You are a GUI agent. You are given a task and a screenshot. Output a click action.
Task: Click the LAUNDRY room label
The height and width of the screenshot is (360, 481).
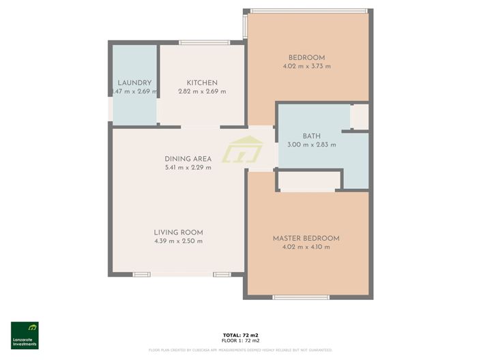[134, 83]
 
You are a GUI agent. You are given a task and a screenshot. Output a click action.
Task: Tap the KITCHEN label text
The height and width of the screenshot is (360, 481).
[202, 83]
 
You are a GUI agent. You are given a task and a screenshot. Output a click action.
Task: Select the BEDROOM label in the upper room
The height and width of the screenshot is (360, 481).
[306, 57]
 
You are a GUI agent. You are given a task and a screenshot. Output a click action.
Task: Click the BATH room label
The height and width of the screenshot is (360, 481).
[311, 136]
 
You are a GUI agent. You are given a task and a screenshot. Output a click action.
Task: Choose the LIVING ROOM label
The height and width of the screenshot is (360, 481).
[178, 232]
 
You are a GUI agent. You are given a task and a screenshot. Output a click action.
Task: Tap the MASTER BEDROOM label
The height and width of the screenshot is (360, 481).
[306, 238]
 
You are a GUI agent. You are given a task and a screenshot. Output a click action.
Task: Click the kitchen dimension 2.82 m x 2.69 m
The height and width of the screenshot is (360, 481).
[202, 91]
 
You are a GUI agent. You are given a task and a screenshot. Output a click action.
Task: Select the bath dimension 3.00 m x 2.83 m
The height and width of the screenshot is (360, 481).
[311, 145]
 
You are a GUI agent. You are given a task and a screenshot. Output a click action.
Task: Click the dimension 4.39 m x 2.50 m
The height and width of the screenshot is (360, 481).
[178, 241]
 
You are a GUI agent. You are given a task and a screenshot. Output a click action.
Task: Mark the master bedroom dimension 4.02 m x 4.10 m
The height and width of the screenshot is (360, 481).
[306, 247]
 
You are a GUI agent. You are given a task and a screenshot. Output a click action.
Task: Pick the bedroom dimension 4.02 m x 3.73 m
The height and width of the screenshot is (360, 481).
[306, 66]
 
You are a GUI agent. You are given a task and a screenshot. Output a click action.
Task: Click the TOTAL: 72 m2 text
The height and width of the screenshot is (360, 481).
[240, 335]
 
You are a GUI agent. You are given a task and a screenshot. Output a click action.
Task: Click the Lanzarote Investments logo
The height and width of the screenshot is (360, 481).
[25, 335]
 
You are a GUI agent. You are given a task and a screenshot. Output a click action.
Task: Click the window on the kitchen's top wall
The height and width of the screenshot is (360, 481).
[203, 43]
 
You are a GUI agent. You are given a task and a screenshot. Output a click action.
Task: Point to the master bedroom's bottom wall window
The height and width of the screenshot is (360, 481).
[301, 297]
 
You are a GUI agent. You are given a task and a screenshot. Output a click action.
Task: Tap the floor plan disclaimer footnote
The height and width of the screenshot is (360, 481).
[240, 350]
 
